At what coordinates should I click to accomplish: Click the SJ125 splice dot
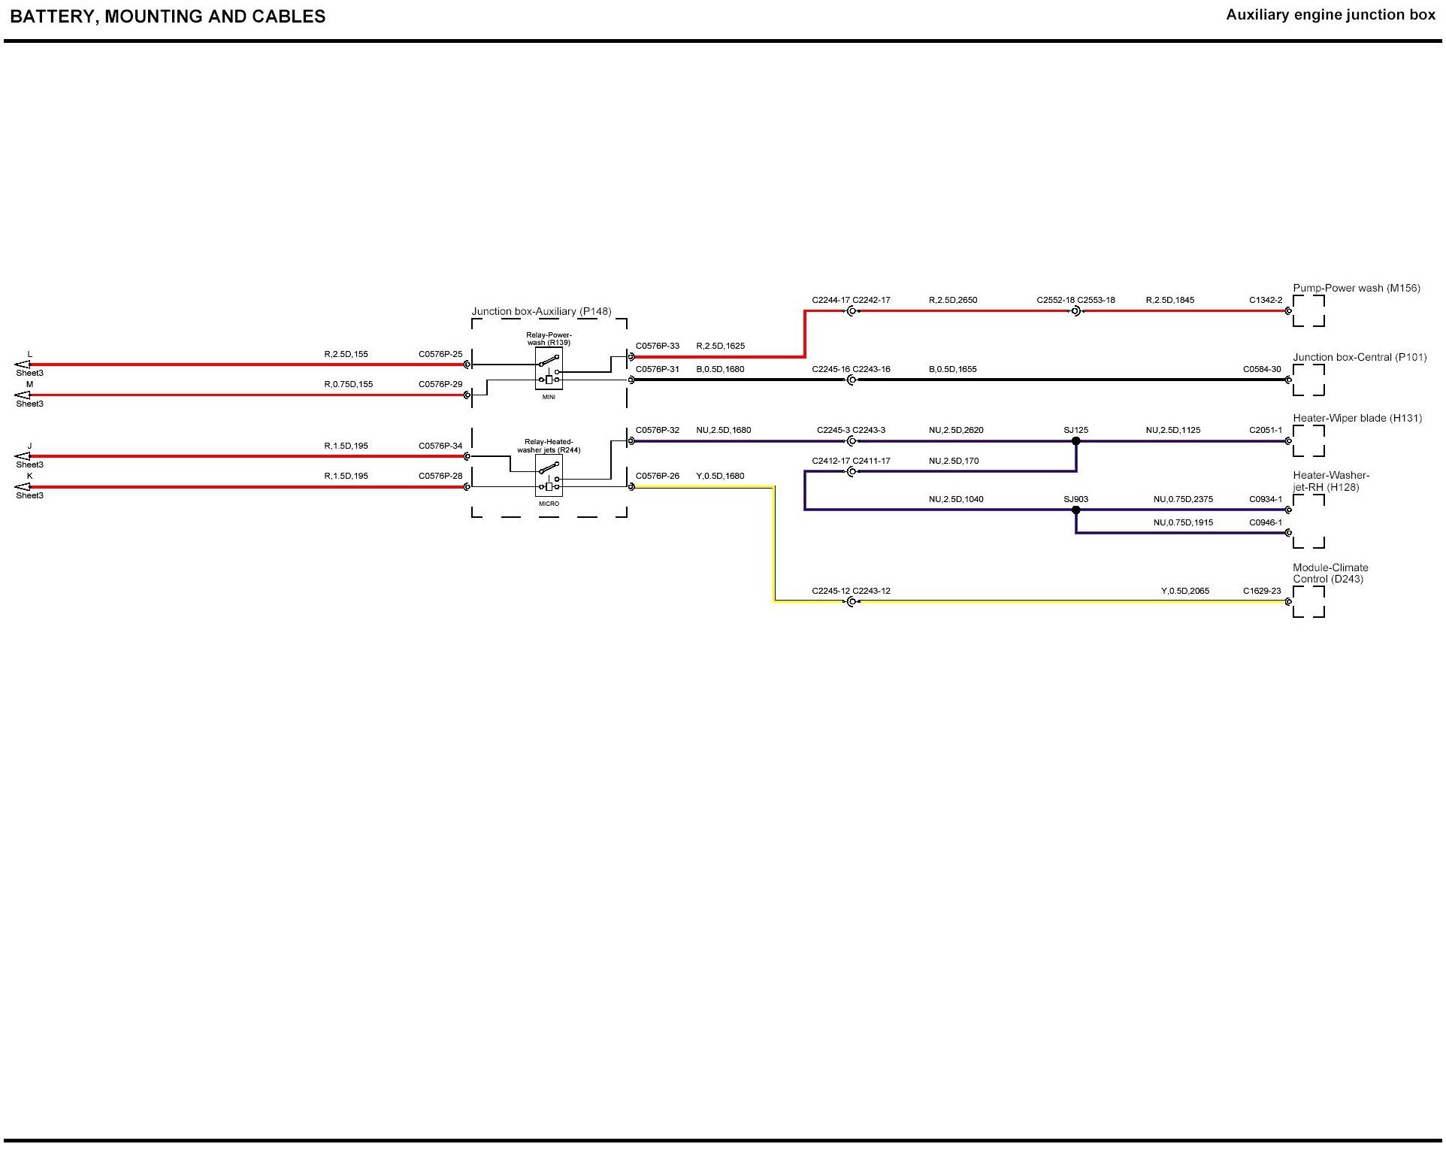(x=1075, y=441)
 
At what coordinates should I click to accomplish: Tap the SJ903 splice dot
(x=1075, y=510)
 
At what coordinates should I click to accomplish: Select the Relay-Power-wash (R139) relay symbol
(x=549, y=368)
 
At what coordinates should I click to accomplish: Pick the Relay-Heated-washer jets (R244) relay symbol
(x=549, y=475)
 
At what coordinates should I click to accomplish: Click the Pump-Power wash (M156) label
(x=1356, y=288)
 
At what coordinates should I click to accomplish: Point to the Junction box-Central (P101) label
(x=1359, y=357)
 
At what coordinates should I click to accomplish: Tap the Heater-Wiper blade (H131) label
(x=1357, y=418)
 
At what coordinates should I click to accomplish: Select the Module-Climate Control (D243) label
(x=1330, y=573)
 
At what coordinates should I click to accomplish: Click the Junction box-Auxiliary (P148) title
(x=541, y=311)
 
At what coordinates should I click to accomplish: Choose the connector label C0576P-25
(x=440, y=354)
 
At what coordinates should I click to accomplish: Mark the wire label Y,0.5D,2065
(x=1184, y=591)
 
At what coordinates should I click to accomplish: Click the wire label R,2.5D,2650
(x=952, y=300)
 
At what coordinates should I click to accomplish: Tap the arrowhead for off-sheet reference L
(x=23, y=365)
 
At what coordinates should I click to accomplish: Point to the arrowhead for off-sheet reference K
(x=23, y=487)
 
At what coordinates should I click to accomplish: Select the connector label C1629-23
(x=1261, y=591)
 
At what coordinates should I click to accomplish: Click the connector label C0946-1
(x=1265, y=522)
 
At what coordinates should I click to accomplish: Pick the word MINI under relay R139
(x=549, y=397)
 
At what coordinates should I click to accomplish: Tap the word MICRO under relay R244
(x=549, y=504)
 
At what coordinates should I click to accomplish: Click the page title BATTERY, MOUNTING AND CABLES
(x=168, y=17)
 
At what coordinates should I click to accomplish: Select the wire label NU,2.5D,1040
(x=955, y=499)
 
